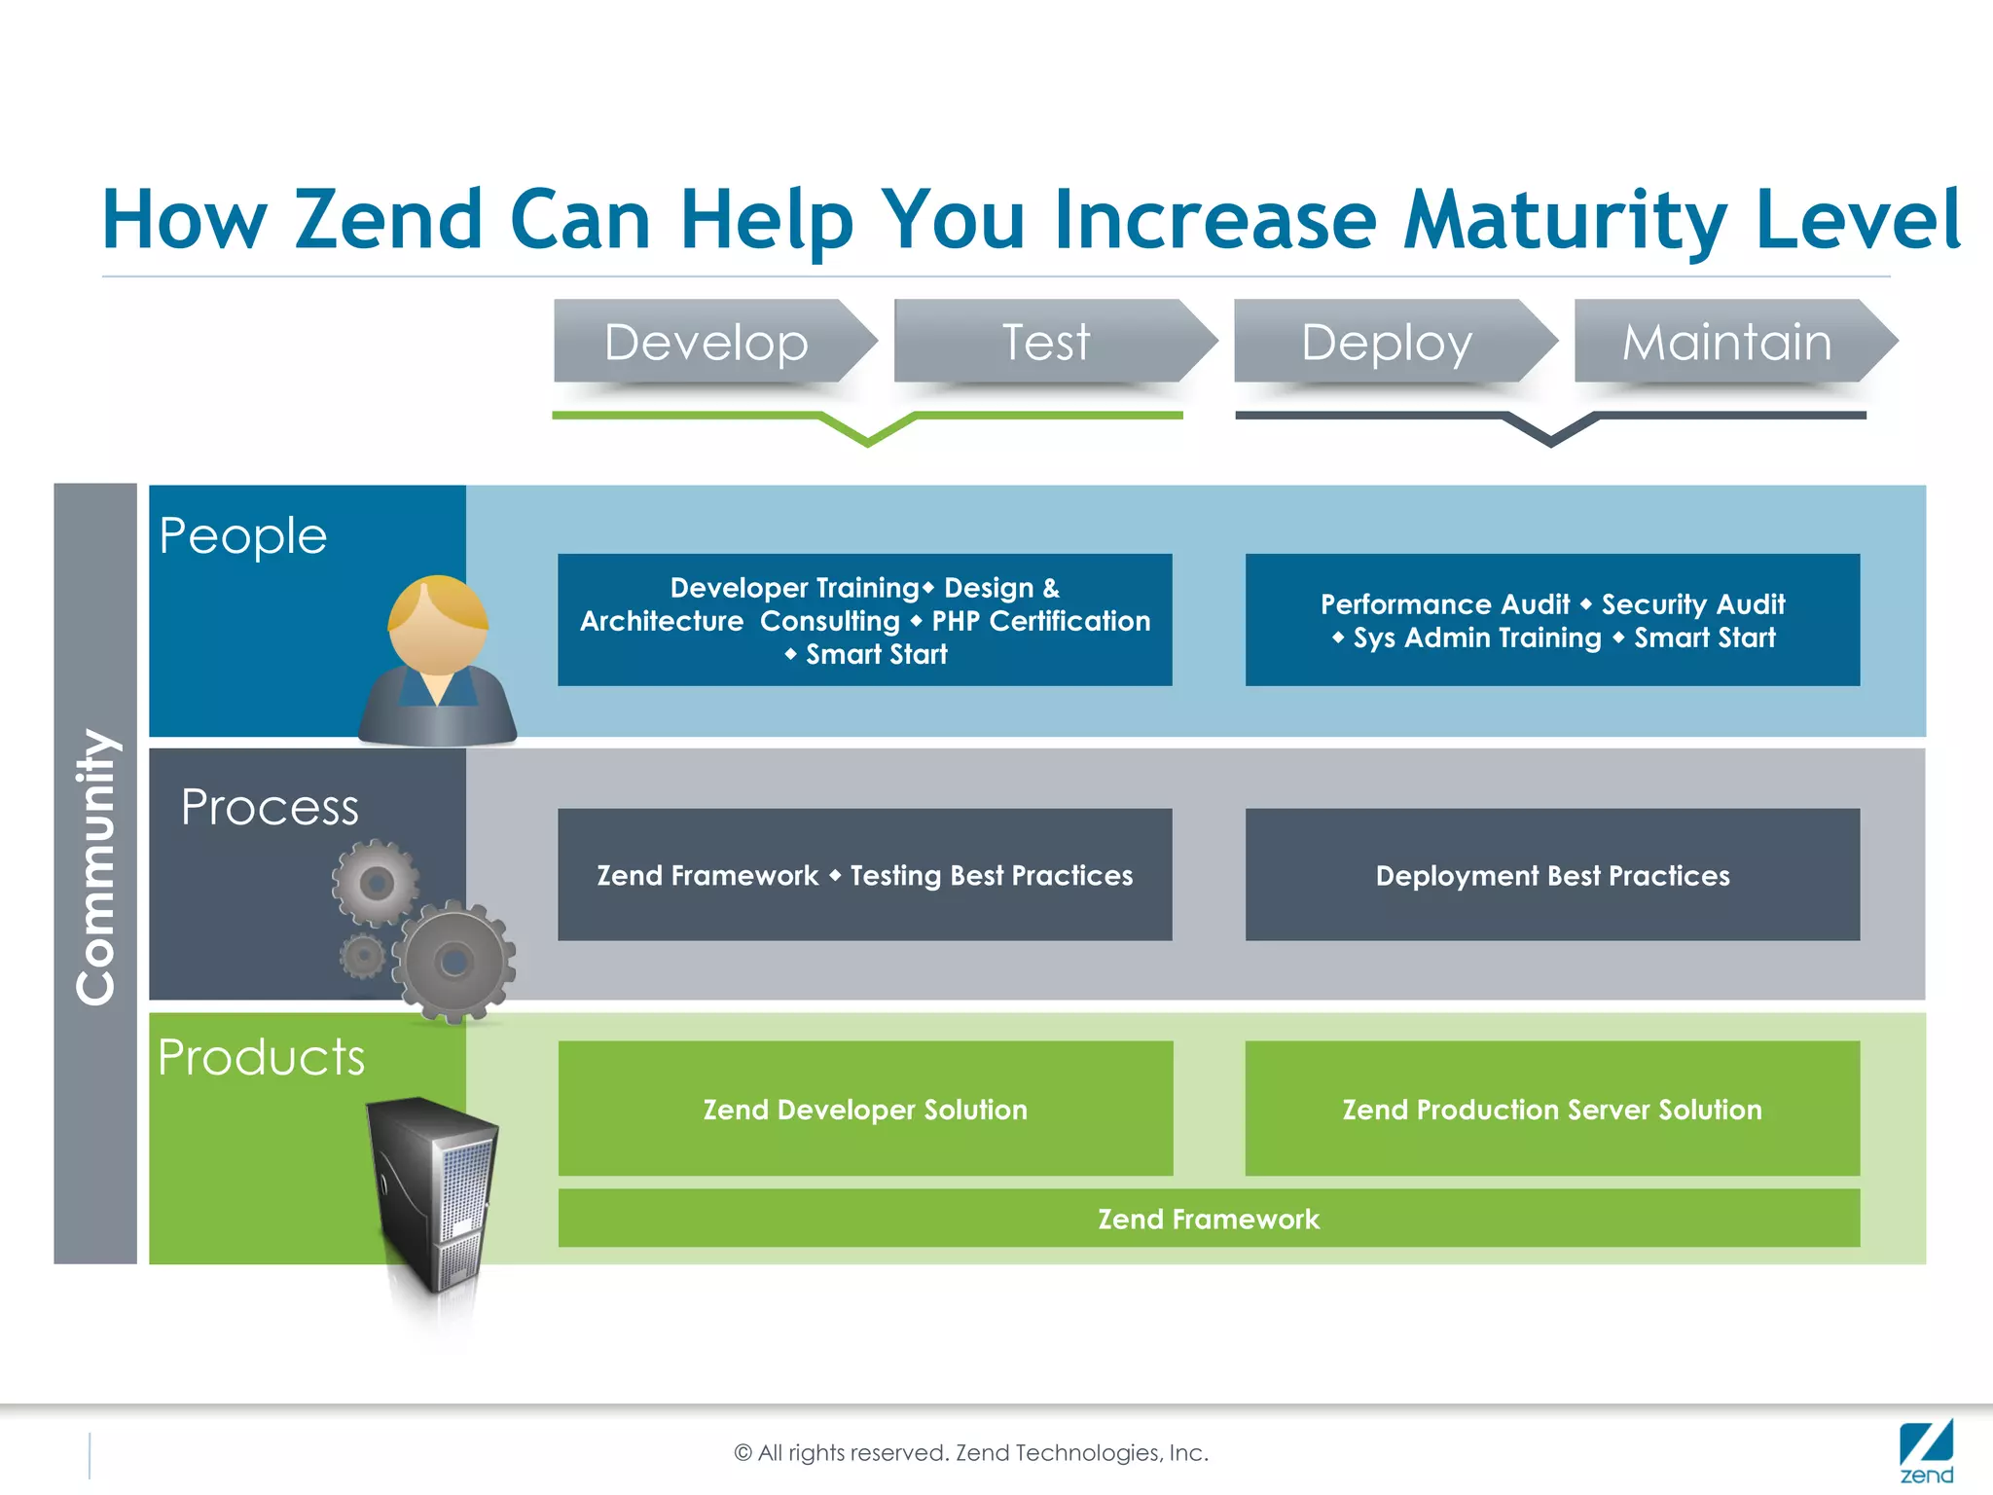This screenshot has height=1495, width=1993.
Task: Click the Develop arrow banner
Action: (707, 342)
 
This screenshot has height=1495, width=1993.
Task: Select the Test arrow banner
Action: (1047, 342)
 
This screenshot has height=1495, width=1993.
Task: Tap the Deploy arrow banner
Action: (1388, 342)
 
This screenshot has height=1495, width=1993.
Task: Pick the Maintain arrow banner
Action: (1727, 342)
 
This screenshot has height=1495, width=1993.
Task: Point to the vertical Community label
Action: (96, 866)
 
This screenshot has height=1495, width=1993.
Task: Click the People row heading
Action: (243, 536)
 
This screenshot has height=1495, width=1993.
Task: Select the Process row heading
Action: (270, 808)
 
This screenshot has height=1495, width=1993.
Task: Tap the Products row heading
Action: (261, 1057)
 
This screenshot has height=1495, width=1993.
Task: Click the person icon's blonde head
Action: (437, 623)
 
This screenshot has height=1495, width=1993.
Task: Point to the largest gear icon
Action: (454, 962)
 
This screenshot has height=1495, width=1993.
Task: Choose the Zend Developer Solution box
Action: (865, 1109)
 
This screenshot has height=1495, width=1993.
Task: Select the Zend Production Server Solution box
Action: (1552, 1109)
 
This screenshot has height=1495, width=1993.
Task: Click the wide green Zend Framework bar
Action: (1209, 1219)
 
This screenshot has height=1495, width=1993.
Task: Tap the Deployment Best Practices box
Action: (1552, 875)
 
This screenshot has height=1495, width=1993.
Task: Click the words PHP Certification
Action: (1041, 621)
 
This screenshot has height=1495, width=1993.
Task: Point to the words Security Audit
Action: (1693, 604)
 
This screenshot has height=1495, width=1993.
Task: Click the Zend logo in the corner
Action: (1926, 1451)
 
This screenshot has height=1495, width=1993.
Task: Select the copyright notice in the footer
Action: (971, 1453)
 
